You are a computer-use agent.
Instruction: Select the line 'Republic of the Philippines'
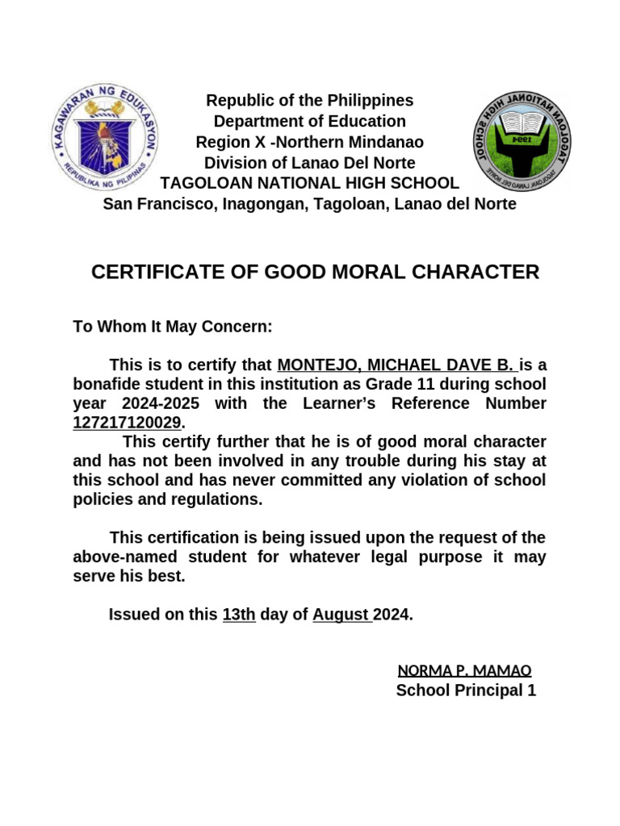tap(309, 101)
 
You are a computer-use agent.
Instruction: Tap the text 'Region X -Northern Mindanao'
tap(309, 143)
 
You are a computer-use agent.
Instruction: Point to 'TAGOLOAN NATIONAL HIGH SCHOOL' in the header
tap(309, 184)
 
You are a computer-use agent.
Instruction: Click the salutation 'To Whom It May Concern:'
tap(173, 327)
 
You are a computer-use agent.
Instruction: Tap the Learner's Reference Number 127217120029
tap(127, 423)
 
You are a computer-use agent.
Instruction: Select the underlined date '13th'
tap(239, 615)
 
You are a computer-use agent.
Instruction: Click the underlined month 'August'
tap(341, 615)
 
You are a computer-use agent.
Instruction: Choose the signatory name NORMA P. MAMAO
tap(464, 670)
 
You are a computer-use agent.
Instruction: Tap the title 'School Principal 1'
tap(466, 690)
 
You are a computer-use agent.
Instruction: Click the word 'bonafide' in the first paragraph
tap(107, 384)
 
